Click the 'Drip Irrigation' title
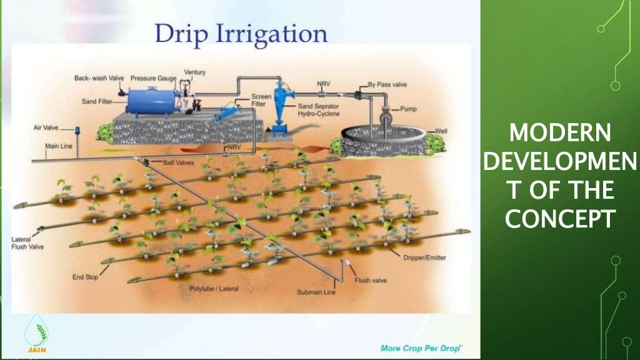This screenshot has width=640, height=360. [241, 33]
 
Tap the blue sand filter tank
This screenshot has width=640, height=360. [150, 100]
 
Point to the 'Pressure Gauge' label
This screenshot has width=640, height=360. [153, 78]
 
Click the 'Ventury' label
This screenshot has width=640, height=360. [194, 72]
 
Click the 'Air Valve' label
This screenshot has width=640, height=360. [46, 127]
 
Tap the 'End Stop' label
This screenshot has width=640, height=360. [85, 277]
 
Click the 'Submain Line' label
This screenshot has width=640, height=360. [316, 292]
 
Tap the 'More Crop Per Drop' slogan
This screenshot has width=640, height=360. [420, 347]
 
